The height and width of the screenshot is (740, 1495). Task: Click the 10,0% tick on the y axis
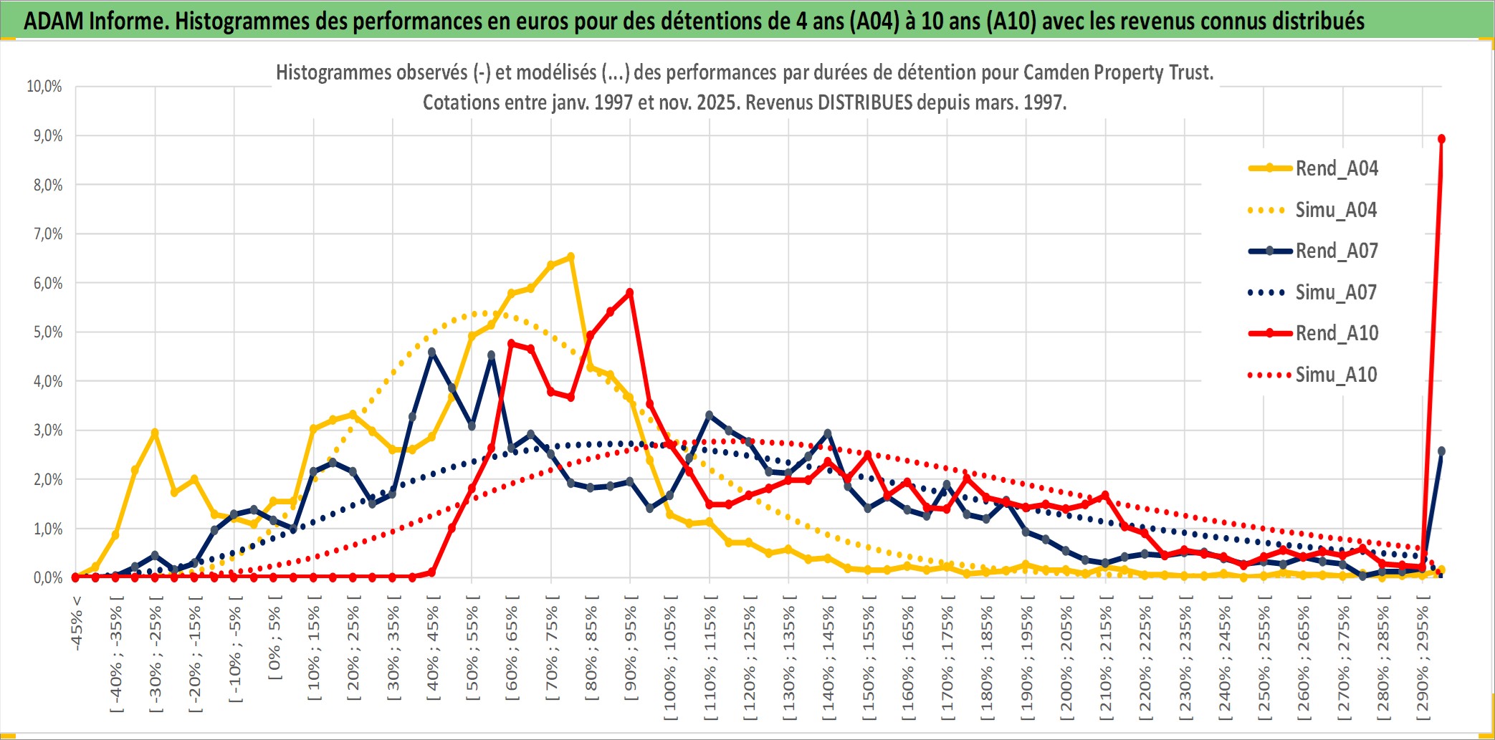point(44,87)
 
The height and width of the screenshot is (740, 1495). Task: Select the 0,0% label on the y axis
point(48,577)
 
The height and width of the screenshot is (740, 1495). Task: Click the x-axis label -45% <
point(77,623)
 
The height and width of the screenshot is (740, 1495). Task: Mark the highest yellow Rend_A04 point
point(570,256)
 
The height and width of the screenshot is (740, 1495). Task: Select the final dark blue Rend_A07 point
point(1441,451)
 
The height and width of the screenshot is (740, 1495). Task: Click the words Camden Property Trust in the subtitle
point(1117,72)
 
